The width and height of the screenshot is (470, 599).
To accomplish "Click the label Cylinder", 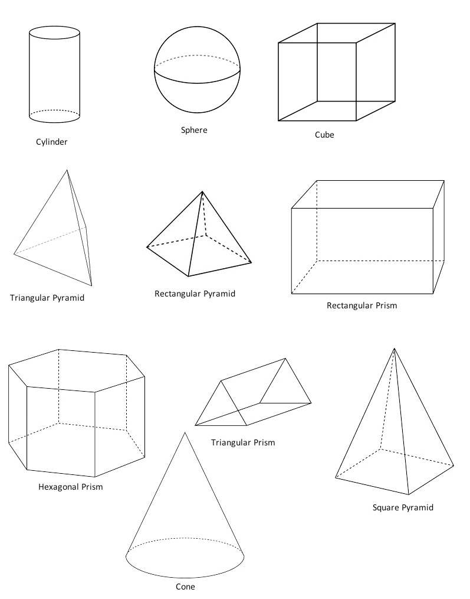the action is (51, 142).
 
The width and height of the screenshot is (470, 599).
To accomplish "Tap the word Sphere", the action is (194, 131).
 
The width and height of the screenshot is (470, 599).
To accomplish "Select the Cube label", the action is (325, 135).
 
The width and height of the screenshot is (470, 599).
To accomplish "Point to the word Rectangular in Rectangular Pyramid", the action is (178, 294).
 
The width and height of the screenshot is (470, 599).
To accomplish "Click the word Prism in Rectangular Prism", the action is (386, 305).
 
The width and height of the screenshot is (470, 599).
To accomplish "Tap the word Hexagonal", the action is (58, 487).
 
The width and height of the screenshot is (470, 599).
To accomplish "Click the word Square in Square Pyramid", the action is (384, 507).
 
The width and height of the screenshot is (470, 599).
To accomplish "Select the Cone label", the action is (185, 587).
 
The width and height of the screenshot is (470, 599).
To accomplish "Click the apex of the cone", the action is (185, 432).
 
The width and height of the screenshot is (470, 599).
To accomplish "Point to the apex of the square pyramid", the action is (395, 349).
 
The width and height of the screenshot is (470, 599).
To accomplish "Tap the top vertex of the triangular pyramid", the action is (67, 170).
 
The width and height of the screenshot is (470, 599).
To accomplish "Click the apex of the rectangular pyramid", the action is (202, 191).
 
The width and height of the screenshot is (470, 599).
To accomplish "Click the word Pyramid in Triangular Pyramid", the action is (68, 298).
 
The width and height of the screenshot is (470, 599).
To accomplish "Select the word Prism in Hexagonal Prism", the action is (93, 487).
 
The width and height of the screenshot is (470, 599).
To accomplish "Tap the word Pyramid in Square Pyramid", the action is (416, 507).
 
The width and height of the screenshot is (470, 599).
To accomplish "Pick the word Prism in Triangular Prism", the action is (264, 443).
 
